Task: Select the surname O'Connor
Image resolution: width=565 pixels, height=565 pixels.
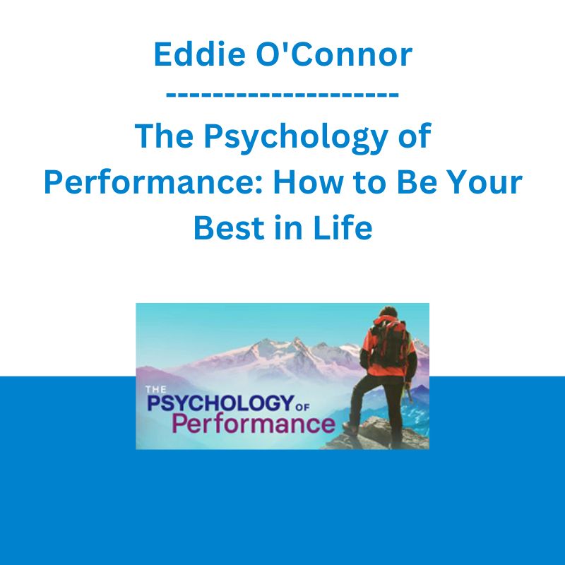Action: (334, 54)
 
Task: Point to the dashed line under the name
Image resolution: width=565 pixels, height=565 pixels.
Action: (282, 95)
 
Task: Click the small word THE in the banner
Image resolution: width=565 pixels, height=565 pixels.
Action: (155, 389)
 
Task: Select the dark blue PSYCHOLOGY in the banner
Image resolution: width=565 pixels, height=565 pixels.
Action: (219, 403)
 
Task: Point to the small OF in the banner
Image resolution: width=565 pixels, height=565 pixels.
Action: (302, 408)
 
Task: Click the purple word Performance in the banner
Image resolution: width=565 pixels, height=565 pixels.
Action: (254, 424)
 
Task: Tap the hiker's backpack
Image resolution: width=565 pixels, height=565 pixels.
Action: (388, 342)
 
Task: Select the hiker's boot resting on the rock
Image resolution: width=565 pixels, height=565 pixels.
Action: (350, 427)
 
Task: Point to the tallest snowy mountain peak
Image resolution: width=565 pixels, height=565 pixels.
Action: (297, 340)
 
